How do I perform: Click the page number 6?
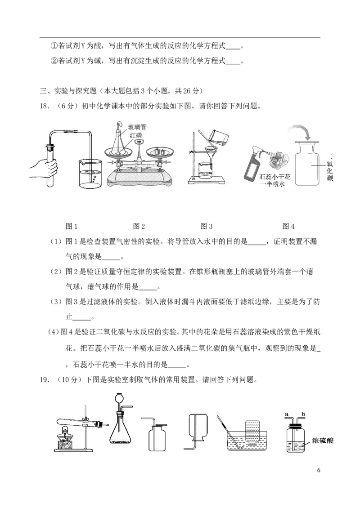pyautogui.click(x=319, y=470)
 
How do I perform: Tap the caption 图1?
pyautogui.click(x=72, y=227)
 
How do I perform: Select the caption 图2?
pyautogui.click(x=139, y=227)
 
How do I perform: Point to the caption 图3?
pyautogui.click(x=206, y=227)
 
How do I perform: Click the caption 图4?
pyautogui.click(x=288, y=227)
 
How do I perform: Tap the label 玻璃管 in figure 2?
pyautogui.click(x=137, y=127)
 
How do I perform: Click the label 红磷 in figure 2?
pyautogui.click(x=136, y=135)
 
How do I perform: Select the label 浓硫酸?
pyautogui.click(x=322, y=441)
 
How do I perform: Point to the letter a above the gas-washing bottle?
pyautogui.click(x=287, y=414)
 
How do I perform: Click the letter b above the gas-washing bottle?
pyautogui.click(x=304, y=414)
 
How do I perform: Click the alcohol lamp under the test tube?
pyautogui.click(x=66, y=438)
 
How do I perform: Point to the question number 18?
pyautogui.click(x=45, y=106)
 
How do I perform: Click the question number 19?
pyautogui.click(x=45, y=379)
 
